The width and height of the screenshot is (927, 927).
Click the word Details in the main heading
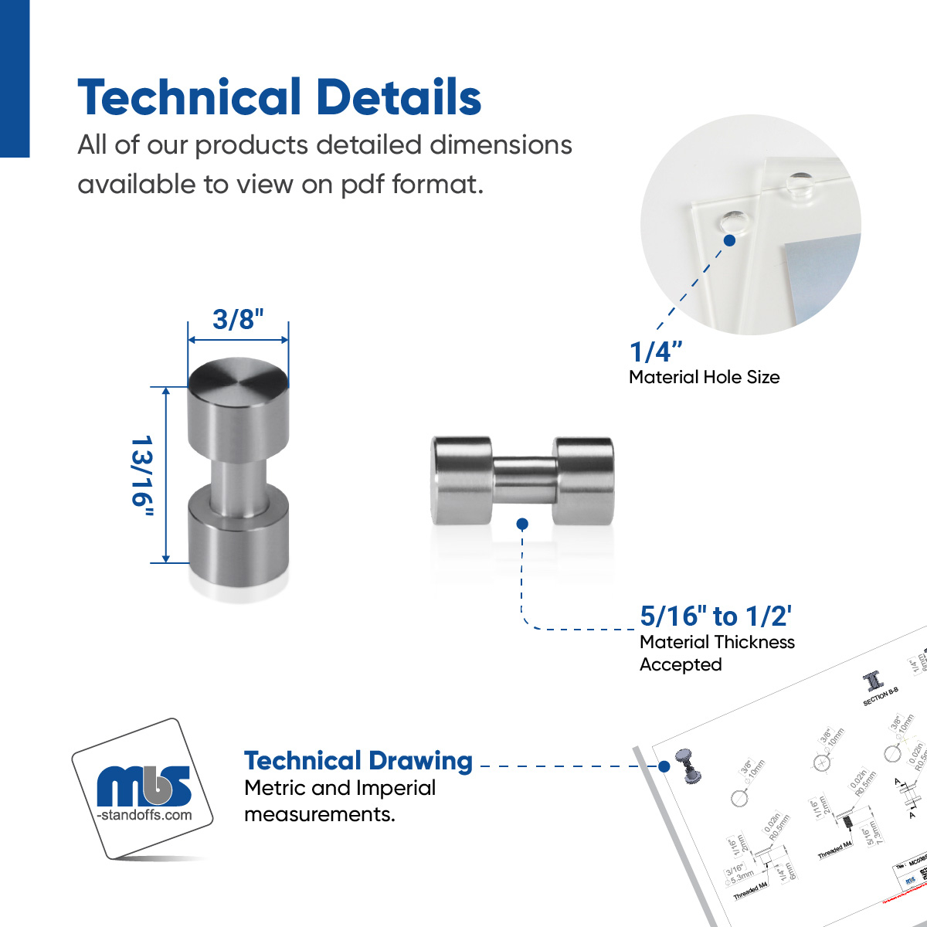pos(399,98)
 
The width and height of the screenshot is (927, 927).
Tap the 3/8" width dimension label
pos(238,319)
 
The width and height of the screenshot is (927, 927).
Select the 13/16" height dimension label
pos(142,474)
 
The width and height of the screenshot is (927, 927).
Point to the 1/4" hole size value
pos(656,351)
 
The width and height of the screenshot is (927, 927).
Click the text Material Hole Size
pos(704,377)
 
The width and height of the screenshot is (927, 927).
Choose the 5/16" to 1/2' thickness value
pos(715,616)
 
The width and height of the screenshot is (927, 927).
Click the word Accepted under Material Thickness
pos(681,664)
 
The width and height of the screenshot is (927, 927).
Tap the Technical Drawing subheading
pos(358,761)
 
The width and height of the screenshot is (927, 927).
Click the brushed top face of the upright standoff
pos(238,379)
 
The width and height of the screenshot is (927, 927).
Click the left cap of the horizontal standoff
pos(462,480)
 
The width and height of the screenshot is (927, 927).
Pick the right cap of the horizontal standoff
pos(584,480)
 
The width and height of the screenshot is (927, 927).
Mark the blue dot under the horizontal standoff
pos(522,524)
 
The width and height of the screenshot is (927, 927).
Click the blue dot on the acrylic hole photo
pos(729,240)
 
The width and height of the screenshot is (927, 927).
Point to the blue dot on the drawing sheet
pos(664,766)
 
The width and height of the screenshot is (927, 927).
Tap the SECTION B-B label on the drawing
pos(880,696)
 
